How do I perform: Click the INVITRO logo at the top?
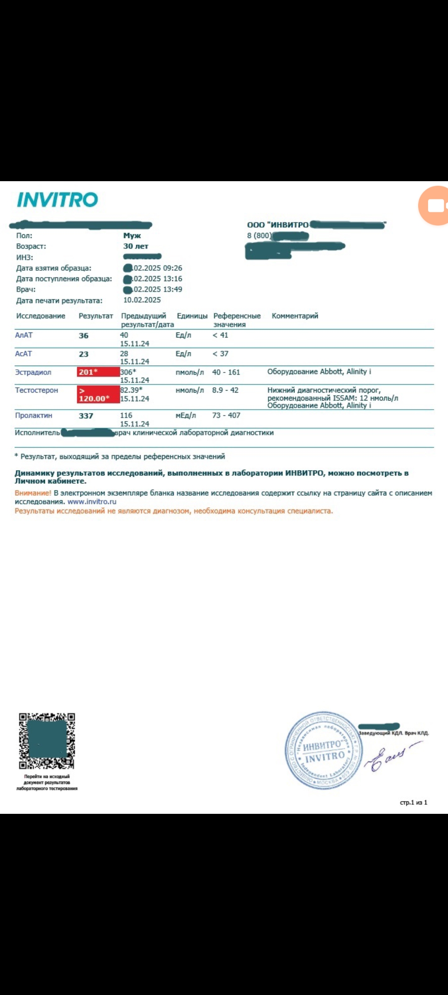tap(57, 200)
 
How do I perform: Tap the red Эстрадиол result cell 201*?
tap(98, 372)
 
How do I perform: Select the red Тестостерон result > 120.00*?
tap(98, 394)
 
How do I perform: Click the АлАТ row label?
tap(24, 335)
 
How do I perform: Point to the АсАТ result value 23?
tap(84, 354)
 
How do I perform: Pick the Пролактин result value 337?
tap(86, 416)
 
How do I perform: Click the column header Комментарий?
tap(295, 316)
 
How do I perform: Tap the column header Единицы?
tap(192, 316)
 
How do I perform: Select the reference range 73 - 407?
tap(226, 415)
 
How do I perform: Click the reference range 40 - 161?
tap(226, 372)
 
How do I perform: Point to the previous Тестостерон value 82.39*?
tap(131, 390)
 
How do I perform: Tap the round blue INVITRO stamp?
tap(324, 750)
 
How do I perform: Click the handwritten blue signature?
tap(390, 757)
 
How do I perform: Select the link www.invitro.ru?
tap(92, 502)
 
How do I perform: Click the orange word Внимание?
tap(33, 493)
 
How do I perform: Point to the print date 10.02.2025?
tap(142, 300)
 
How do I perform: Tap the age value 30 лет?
tap(136, 246)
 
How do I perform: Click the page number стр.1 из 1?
tap(413, 803)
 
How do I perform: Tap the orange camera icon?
tap(435, 206)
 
